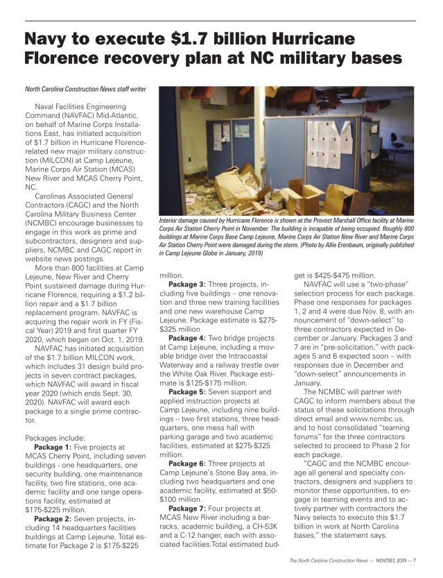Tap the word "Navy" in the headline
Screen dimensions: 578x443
[x=51, y=39]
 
